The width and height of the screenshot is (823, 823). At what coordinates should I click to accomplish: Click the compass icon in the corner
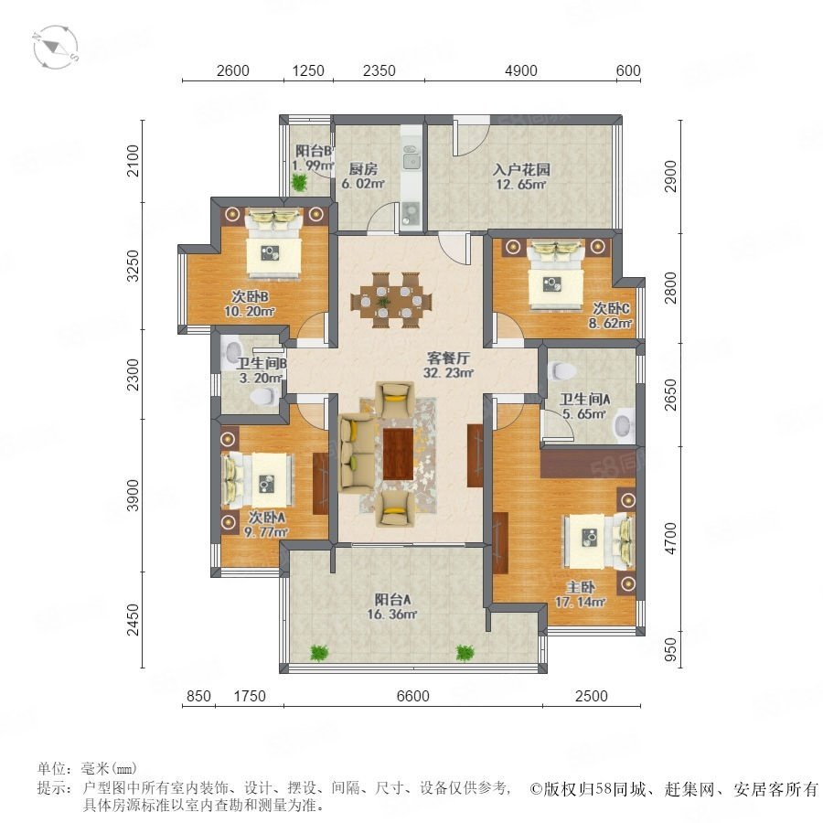[56, 47]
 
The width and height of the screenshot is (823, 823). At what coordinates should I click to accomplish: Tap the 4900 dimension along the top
[520, 70]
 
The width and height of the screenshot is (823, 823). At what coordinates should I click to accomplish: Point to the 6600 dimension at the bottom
[413, 696]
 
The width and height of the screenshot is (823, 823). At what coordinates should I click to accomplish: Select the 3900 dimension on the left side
[134, 495]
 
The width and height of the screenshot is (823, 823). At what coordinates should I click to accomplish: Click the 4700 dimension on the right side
[671, 539]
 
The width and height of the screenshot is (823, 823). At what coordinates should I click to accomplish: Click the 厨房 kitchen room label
[363, 169]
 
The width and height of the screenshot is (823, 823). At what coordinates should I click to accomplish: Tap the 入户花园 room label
[521, 169]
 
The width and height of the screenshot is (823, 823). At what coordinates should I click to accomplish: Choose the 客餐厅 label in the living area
[448, 358]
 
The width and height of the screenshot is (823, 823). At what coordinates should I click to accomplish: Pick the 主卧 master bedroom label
[581, 587]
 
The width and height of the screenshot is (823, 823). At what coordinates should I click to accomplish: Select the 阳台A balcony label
[392, 599]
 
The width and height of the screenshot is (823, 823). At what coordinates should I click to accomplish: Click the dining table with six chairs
[391, 300]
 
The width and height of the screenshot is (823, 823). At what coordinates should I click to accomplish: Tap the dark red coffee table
[399, 454]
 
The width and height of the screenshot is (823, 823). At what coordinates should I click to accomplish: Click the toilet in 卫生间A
[561, 370]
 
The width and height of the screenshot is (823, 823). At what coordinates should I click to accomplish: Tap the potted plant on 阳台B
[300, 182]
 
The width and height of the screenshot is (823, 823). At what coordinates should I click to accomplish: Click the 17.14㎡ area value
[581, 602]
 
